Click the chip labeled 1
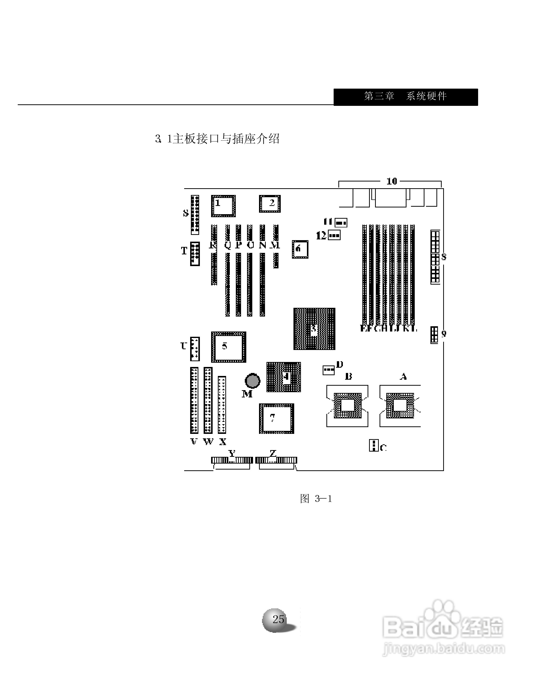(x=223, y=206)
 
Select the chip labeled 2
(x=269, y=204)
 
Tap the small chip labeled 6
(x=300, y=249)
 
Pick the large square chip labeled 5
(x=228, y=347)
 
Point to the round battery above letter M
(x=252, y=381)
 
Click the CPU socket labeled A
(x=400, y=405)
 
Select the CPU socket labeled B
(x=347, y=405)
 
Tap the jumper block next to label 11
(x=341, y=223)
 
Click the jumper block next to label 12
(x=334, y=235)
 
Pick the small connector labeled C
(x=373, y=445)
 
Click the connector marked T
(x=195, y=254)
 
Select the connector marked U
(x=195, y=349)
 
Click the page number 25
(x=278, y=619)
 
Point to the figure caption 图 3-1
(x=315, y=499)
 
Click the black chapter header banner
(x=405, y=97)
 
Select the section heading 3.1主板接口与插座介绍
(x=217, y=139)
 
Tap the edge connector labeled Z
(x=276, y=460)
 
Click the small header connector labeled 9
(x=434, y=335)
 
